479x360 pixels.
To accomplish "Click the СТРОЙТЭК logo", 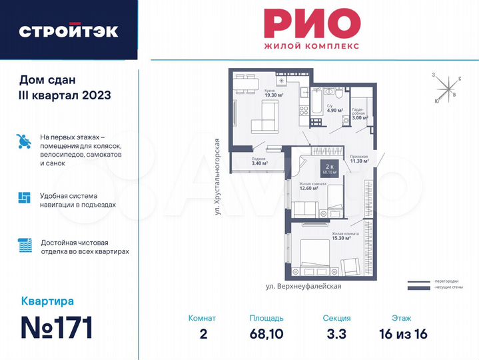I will coord(69,31).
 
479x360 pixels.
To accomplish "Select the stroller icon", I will coord(23,141).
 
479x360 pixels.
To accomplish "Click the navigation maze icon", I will coord(23,197).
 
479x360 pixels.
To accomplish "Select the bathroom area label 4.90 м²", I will coord(334,110).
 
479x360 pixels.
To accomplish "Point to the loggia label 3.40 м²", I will coord(259,162).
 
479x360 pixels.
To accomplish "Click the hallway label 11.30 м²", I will coord(359,160).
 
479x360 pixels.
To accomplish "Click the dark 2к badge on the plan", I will coord(328,169).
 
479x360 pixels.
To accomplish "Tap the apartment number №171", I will coord(57,327).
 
